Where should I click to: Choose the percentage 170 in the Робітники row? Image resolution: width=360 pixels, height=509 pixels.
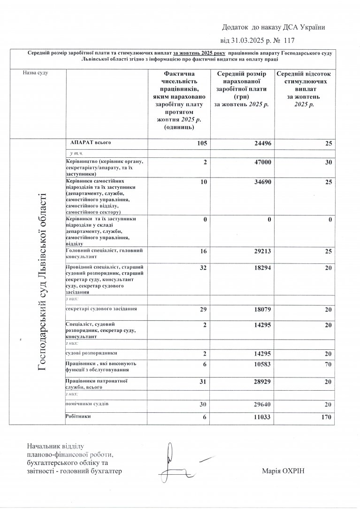tap(325, 417)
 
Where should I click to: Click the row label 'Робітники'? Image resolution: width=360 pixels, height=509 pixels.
tap(78, 416)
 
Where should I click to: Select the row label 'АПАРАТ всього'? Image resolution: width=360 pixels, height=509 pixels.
tap(91, 141)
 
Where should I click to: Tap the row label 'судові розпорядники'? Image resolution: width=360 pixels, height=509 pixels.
tap(92, 352)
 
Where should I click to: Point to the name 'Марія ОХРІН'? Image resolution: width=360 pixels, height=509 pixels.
tap(284, 471)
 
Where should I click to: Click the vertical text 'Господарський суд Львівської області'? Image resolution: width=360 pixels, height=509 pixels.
tap(42, 282)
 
